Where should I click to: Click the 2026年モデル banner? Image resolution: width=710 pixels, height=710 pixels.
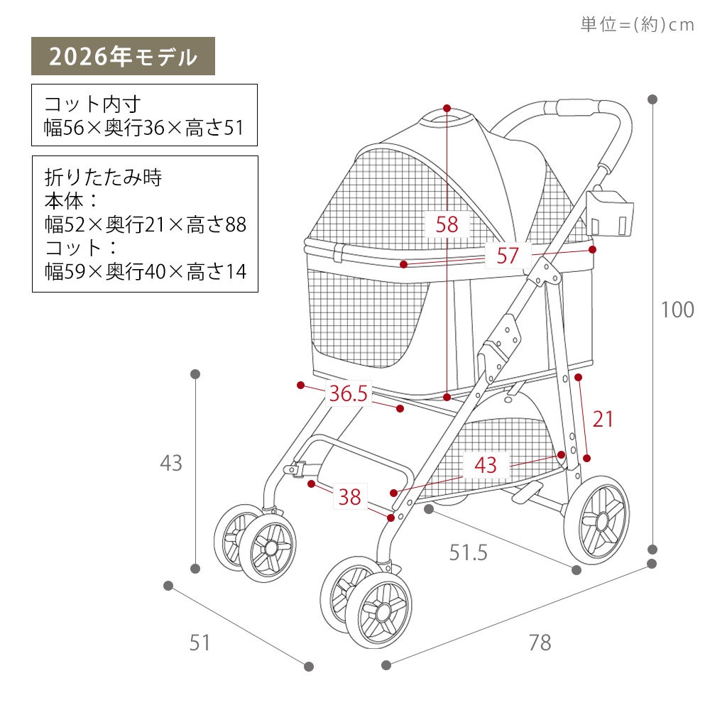pyautogui.click(x=123, y=56)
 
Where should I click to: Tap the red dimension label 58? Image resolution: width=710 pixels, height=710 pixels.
pyautogui.click(x=447, y=224)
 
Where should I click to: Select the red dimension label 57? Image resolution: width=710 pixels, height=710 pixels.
pyautogui.click(x=507, y=256)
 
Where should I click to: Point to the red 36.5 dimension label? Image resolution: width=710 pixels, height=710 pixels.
pyautogui.click(x=348, y=393)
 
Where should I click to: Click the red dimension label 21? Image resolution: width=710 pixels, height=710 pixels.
pyautogui.click(x=603, y=419)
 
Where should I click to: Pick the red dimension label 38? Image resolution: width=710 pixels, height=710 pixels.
pyautogui.click(x=349, y=497)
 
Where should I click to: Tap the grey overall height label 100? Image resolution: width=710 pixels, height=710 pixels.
pyautogui.click(x=677, y=310)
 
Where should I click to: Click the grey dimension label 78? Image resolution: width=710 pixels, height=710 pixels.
pyautogui.click(x=540, y=643)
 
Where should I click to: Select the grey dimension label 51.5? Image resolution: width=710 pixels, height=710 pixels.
pyautogui.click(x=468, y=552)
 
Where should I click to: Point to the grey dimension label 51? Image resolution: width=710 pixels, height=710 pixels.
pyautogui.click(x=200, y=643)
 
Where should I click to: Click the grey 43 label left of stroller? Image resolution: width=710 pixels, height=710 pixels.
pyautogui.click(x=171, y=463)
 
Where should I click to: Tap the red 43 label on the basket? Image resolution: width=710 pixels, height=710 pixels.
pyautogui.click(x=486, y=465)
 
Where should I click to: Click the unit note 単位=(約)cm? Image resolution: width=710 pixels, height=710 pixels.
pyautogui.click(x=637, y=24)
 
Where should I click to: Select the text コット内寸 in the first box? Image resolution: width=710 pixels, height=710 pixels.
pyautogui.click(x=92, y=104)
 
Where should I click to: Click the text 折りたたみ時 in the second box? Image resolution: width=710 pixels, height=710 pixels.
pyautogui.click(x=103, y=177)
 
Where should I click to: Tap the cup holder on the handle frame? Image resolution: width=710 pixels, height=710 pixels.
pyautogui.click(x=609, y=213)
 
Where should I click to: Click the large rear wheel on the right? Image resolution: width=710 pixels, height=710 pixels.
pyautogui.click(x=597, y=520)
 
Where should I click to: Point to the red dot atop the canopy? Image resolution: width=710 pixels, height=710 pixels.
pyautogui.click(x=447, y=108)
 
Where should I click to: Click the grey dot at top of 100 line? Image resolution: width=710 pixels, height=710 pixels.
pyautogui.click(x=652, y=99)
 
